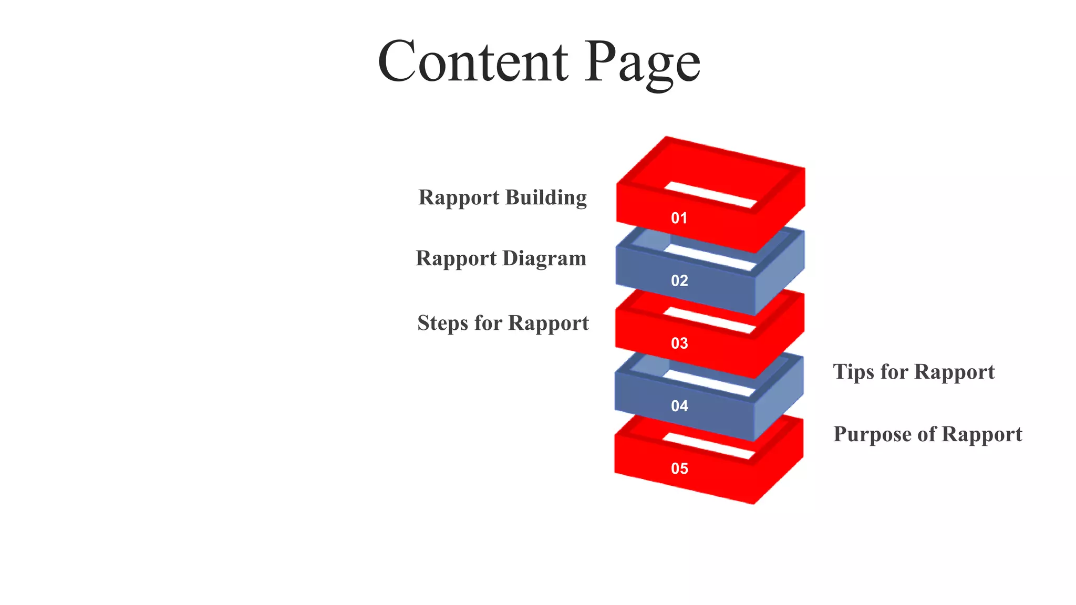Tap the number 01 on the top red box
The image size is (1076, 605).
(679, 218)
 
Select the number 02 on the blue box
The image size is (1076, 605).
(679, 280)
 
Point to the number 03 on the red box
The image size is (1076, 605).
(679, 343)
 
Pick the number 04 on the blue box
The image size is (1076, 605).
(679, 405)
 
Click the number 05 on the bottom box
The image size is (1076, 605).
(679, 468)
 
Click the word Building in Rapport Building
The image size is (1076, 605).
(546, 197)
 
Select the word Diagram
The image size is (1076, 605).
(544, 258)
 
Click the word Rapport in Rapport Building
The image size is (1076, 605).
(459, 198)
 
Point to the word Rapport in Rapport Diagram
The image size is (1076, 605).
(456, 258)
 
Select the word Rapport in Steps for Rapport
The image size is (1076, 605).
(549, 323)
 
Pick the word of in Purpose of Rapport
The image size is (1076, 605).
(927, 434)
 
